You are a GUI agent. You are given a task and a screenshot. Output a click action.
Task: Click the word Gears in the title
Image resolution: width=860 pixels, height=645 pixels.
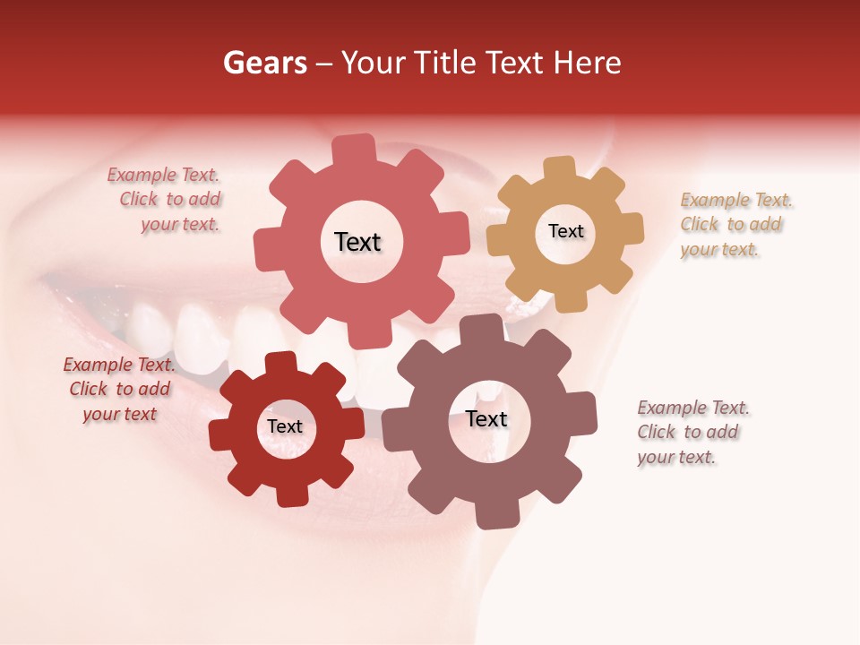(x=264, y=63)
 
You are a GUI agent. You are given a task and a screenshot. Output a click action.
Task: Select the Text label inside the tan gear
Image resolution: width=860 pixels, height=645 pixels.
(x=565, y=231)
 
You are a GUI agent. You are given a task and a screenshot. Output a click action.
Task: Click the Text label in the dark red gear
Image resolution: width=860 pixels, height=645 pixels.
(x=284, y=426)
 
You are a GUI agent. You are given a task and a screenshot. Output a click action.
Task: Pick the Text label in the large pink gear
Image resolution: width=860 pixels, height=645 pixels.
(x=357, y=242)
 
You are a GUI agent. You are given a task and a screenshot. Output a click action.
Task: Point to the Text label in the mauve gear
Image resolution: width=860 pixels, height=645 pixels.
(x=486, y=418)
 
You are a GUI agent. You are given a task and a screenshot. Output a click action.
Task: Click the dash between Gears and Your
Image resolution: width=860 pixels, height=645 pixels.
(x=325, y=63)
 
